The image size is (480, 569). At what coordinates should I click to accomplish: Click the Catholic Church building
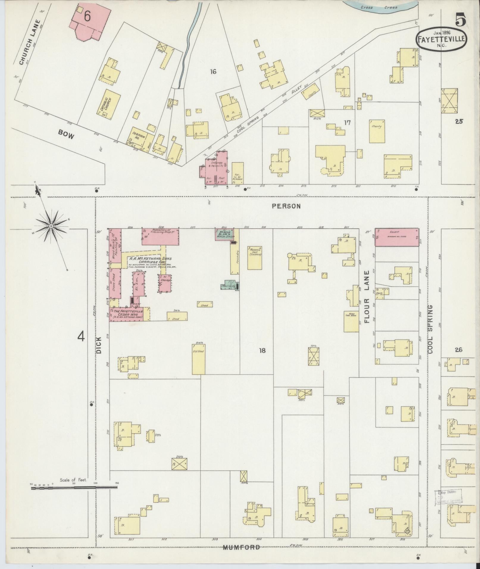point(109,104)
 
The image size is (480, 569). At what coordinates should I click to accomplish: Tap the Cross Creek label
point(379,7)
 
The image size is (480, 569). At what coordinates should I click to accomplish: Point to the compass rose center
point(51,226)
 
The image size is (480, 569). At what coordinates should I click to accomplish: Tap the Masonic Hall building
point(255,257)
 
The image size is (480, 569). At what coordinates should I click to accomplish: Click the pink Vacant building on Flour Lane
point(396,237)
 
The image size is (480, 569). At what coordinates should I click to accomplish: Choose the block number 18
point(262,350)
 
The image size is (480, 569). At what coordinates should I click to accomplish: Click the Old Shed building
point(198,359)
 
